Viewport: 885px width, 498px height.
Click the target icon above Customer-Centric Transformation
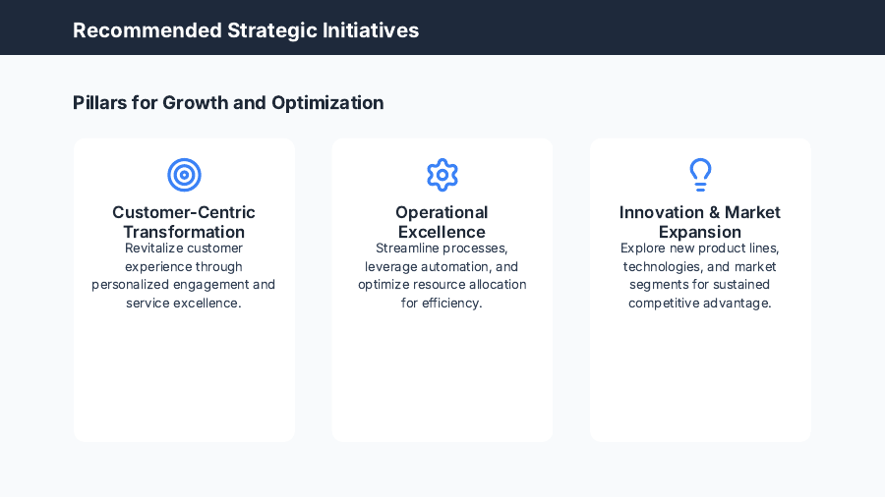pyautogui.click(x=184, y=175)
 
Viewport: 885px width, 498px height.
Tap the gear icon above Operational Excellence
pyautogui.click(x=442, y=175)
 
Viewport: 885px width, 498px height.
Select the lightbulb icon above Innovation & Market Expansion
pyautogui.click(x=700, y=175)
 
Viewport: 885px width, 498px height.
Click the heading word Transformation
pyautogui.click(x=184, y=233)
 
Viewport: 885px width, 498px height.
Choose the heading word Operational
pyautogui.click(x=442, y=213)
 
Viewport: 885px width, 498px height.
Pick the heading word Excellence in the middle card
pyautogui.click(x=442, y=233)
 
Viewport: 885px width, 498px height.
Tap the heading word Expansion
pyautogui.click(x=700, y=233)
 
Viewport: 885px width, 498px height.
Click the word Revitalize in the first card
pyautogui.click(x=153, y=249)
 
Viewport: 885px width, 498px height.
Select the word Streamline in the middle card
pyautogui.click(x=407, y=249)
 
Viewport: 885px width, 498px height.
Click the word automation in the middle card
pyautogui.click(x=455, y=267)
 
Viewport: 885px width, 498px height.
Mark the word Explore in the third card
pyautogui.click(x=642, y=249)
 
